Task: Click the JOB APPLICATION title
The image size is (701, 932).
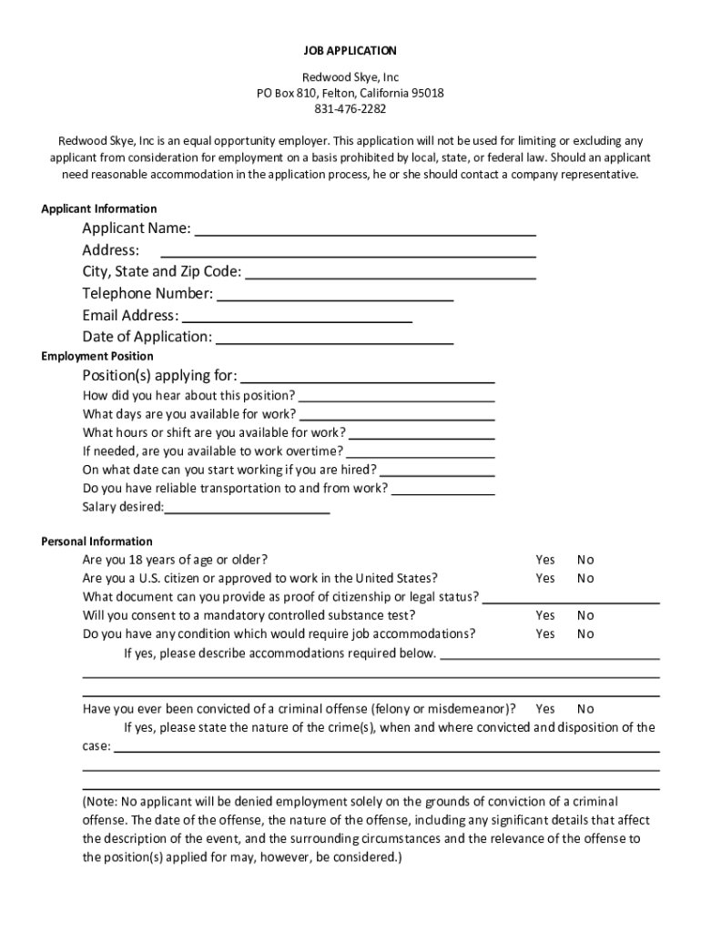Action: (350, 51)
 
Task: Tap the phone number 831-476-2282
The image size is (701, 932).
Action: (350, 109)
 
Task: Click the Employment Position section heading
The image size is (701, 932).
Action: (97, 356)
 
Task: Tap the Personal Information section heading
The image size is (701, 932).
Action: (97, 542)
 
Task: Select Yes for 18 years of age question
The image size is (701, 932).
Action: (545, 560)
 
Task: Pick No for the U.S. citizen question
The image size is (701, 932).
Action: (585, 578)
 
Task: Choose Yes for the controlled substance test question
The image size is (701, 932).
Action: (545, 615)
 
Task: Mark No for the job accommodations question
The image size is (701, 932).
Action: (585, 633)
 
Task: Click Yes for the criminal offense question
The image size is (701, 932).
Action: (545, 708)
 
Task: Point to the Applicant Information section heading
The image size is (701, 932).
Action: (99, 208)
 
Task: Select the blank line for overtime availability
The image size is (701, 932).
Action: (421, 454)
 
